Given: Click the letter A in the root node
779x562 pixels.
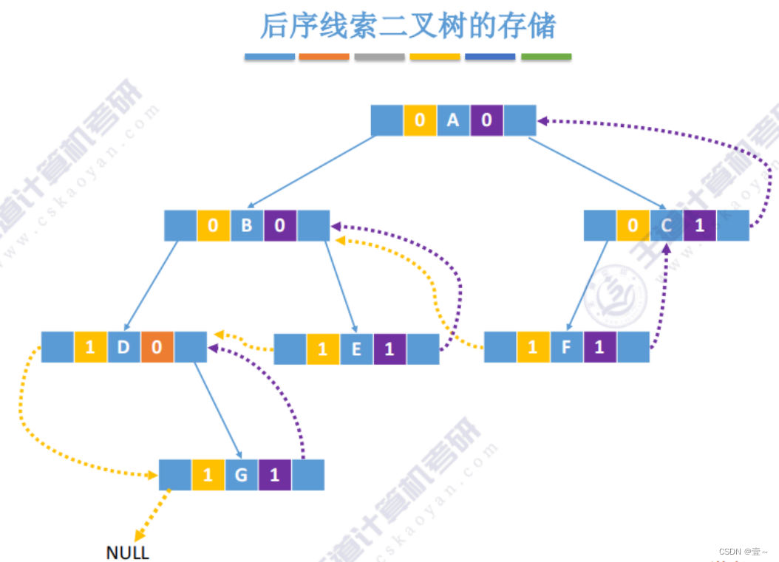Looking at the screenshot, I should point(453,120).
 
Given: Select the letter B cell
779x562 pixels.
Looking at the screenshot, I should point(247,225).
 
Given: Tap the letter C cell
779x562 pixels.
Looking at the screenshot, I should point(667,225).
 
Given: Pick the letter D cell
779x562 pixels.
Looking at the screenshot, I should point(123,347).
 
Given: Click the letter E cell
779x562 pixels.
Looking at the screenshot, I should point(356,349).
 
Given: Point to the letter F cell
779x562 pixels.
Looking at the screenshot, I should point(566,347).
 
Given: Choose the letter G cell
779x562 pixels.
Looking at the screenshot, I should point(241,475).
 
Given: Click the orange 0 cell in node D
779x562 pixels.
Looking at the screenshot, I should point(157,347).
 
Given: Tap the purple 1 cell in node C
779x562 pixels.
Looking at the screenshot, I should point(700,225).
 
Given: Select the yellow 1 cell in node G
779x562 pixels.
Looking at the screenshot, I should point(208,475).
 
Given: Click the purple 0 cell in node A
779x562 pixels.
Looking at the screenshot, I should point(486,120).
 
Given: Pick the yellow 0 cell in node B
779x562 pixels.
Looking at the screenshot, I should point(214,225).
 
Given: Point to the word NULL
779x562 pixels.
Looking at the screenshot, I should point(127,552).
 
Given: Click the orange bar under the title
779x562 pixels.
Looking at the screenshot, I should point(324,57).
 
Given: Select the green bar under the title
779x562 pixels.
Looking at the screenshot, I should point(546,57).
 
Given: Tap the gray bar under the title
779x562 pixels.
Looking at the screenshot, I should point(379,57).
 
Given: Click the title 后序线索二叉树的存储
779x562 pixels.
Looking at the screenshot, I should point(407,26).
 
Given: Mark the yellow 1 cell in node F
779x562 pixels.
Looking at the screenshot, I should point(533,347).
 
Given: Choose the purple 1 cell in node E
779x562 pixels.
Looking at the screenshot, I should point(389,349).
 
